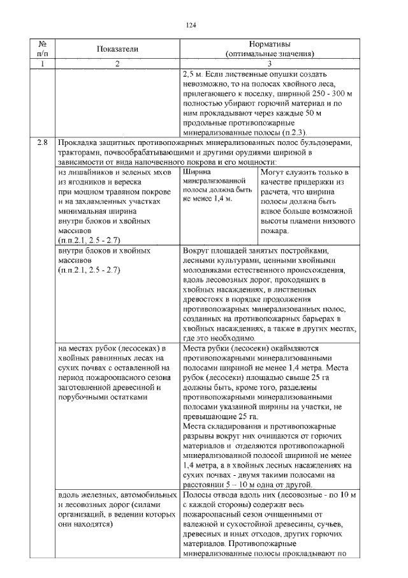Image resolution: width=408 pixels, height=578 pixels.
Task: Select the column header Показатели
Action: click(117, 49)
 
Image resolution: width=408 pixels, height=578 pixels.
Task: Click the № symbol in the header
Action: click(43, 45)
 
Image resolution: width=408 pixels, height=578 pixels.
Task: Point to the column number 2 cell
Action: click(117, 64)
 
